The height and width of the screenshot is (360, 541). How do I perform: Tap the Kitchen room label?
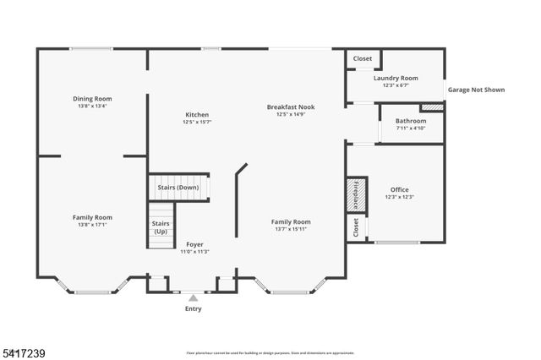pos(197,114)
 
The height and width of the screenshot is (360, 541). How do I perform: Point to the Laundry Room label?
pos(396,78)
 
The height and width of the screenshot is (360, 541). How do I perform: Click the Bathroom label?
pos(411,121)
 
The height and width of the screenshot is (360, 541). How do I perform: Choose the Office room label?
pos(399,189)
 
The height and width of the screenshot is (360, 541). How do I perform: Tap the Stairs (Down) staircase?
pos(178,188)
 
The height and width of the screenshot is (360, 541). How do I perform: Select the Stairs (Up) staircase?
pos(160,227)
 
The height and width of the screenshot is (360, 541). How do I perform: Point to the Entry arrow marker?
pos(194,297)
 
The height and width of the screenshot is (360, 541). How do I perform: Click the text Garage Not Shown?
pos(476,88)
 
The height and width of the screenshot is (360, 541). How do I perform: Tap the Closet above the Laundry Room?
pos(363,58)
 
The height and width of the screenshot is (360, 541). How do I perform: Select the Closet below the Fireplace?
pos(355,226)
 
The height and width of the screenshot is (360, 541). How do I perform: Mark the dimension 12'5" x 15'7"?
pos(197,123)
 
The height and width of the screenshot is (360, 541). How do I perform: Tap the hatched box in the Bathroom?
pos(432,107)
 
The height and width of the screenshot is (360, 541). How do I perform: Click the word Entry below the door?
pos(194,308)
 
